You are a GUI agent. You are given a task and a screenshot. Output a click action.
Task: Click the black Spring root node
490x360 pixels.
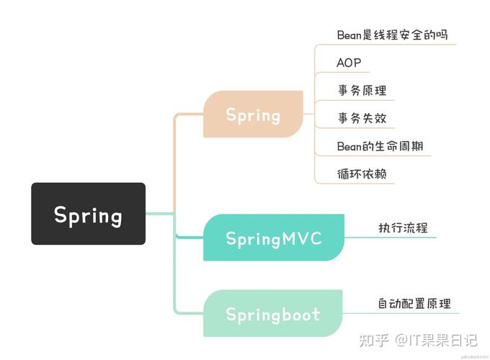[88, 214]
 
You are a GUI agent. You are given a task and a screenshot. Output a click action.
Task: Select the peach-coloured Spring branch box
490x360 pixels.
[253, 114]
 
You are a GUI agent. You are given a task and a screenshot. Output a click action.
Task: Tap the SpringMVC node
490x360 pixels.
[273, 238]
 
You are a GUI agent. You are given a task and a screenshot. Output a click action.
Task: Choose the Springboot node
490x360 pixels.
[273, 314]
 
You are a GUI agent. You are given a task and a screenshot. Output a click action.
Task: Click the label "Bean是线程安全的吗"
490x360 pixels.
[396, 35]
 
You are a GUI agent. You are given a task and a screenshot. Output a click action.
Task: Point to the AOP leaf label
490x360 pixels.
[349, 63]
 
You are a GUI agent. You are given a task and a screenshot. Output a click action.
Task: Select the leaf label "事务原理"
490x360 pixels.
[362, 91]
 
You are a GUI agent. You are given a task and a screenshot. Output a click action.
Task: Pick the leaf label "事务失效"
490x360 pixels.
[362, 118]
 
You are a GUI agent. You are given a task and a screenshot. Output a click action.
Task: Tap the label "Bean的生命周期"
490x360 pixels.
[380, 146]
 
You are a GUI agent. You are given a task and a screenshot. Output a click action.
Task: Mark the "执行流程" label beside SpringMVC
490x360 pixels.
[403, 228]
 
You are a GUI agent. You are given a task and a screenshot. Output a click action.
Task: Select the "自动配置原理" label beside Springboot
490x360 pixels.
[414, 303]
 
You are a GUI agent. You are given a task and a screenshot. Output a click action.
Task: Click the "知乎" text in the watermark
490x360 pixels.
[375, 339]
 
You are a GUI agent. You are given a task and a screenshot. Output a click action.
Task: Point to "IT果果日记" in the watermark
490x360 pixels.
[442, 339]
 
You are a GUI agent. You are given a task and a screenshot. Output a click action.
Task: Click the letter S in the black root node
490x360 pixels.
[61, 215]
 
